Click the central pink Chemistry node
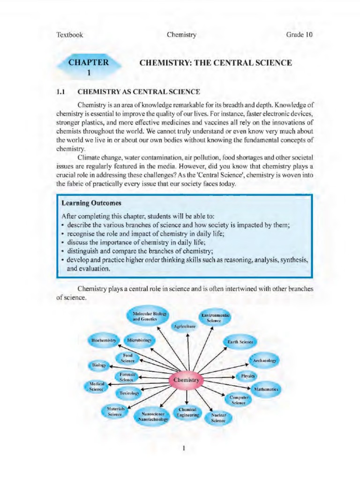click(x=187, y=380)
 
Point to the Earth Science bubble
click(x=240, y=342)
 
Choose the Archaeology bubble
click(x=264, y=361)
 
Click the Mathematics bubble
click(x=266, y=389)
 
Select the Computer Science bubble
click(x=238, y=400)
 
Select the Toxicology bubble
click(x=129, y=393)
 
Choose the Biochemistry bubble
click(x=104, y=341)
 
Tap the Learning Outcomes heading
click(x=92, y=203)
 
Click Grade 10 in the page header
click(x=300, y=35)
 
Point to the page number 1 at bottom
click(x=184, y=448)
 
